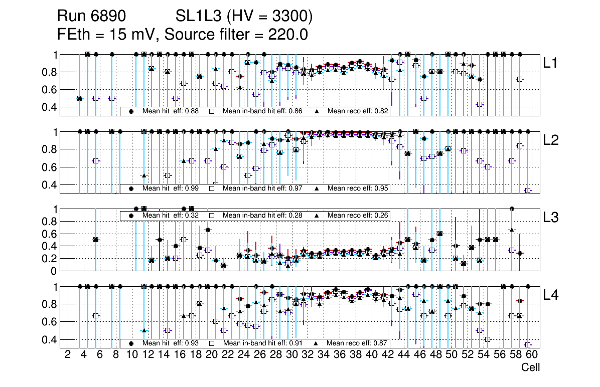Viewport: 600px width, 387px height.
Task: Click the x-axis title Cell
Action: point(530,367)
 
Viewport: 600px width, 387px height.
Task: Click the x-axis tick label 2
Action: point(68,355)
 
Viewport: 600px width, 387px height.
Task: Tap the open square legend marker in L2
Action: point(212,188)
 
